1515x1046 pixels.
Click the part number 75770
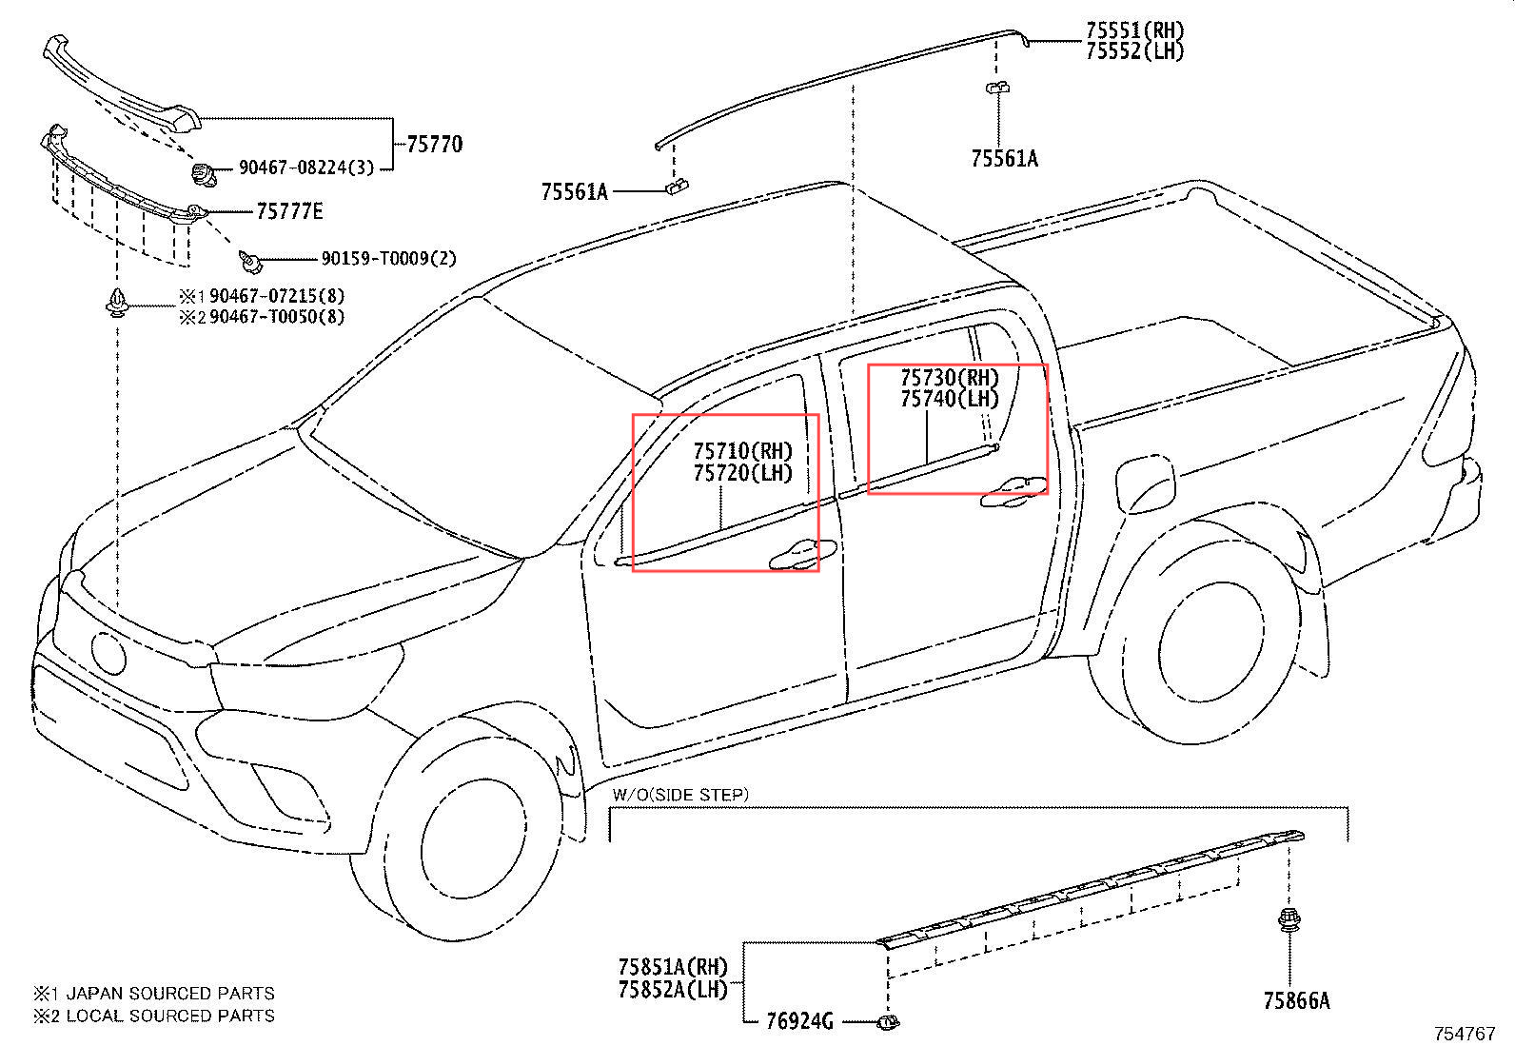coord(435,145)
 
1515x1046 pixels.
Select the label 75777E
coord(289,211)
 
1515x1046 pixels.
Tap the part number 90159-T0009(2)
coord(388,259)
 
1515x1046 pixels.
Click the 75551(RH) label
coord(1135,30)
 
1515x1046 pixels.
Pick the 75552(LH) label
coord(1135,51)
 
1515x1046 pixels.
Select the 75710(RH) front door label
coord(742,451)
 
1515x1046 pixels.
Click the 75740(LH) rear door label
coord(950,399)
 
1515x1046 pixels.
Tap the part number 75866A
coord(1296,1000)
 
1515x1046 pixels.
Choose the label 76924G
coord(799,1021)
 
